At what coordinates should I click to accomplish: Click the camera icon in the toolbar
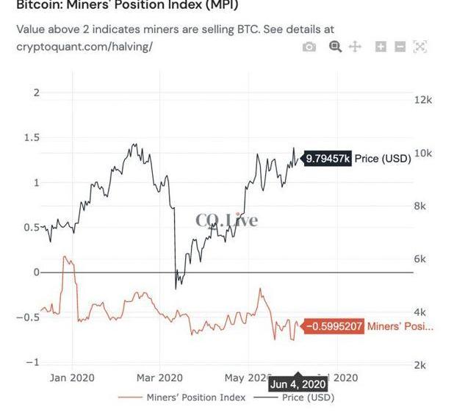(x=309, y=47)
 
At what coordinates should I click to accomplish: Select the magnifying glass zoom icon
(x=335, y=47)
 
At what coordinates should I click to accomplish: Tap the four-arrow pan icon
(x=355, y=47)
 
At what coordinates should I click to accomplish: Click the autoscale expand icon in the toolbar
(x=419, y=47)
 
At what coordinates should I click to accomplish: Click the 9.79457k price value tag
(x=328, y=158)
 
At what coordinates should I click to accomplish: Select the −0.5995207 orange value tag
(x=334, y=326)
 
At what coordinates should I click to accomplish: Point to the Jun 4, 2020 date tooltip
(x=298, y=384)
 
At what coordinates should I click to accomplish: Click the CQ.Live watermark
(x=226, y=220)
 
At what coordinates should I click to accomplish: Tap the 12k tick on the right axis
(x=423, y=100)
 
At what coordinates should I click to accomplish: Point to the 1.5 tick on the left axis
(x=31, y=137)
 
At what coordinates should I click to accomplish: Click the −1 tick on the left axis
(x=31, y=362)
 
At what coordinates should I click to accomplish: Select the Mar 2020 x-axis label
(x=159, y=378)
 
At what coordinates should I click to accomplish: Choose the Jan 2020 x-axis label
(x=72, y=378)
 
